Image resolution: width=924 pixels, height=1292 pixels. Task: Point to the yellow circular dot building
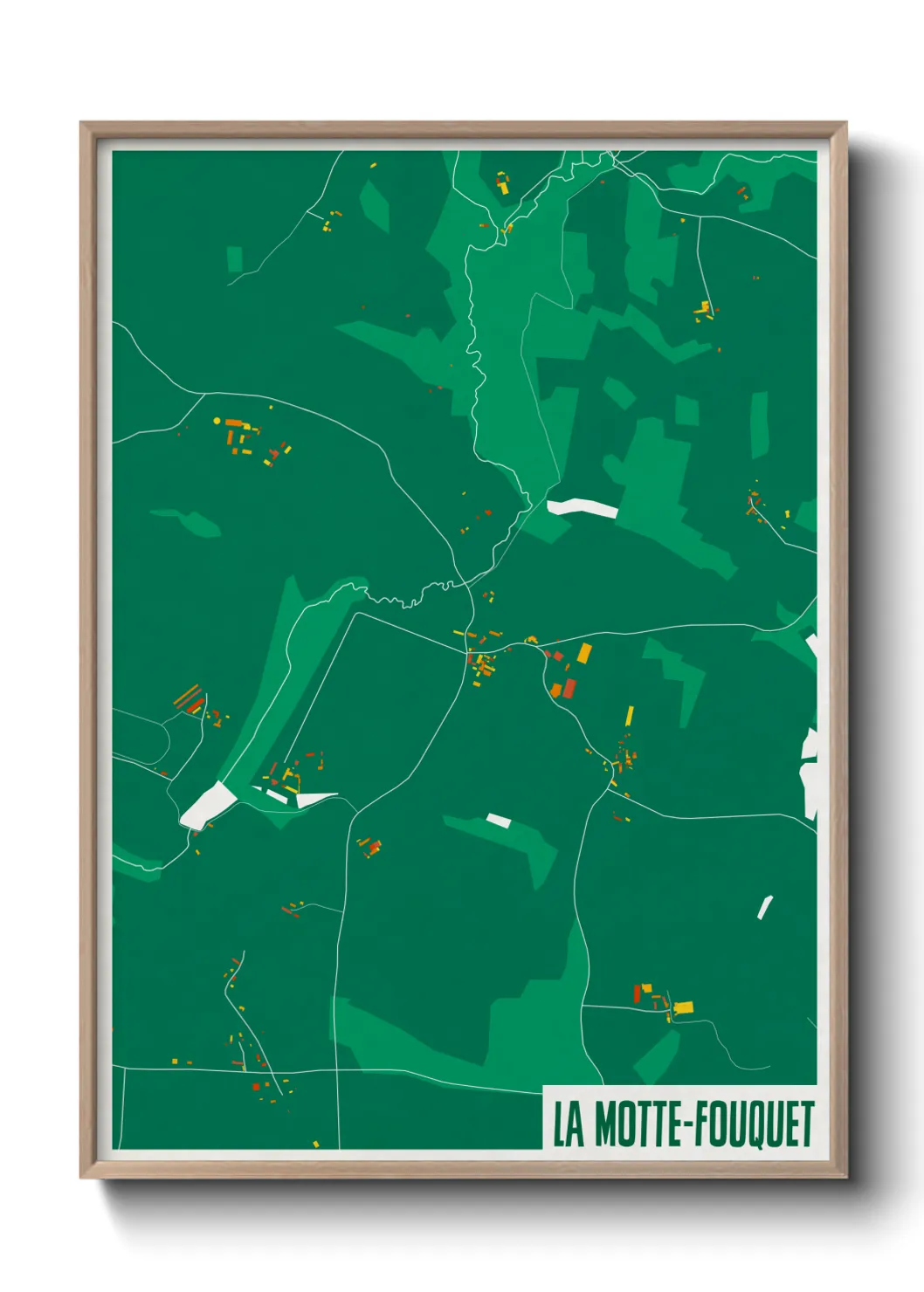(x=217, y=421)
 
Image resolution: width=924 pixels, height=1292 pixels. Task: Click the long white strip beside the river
(x=582, y=506)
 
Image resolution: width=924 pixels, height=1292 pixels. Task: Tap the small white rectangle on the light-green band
(x=498, y=820)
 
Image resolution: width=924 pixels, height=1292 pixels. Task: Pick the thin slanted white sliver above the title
(x=765, y=908)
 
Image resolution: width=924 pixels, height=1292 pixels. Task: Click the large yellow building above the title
(x=682, y=1007)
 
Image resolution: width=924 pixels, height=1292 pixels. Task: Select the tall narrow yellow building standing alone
(x=629, y=716)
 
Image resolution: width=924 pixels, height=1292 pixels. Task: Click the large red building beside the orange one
(x=569, y=689)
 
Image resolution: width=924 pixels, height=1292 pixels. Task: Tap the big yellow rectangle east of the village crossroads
(x=584, y=652)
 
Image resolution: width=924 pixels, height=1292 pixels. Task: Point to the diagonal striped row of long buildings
(x=188, y=697)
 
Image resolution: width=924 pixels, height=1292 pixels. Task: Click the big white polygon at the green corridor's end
(x=207, y=805)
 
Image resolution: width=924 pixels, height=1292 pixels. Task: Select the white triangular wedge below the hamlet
(x=314, y=798)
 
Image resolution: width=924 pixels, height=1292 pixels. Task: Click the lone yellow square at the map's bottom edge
(x=316, y=1144)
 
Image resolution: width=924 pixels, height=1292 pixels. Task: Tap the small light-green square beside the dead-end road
(x=234, y=259)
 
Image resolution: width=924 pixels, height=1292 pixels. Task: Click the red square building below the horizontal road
(x=256, y=1087)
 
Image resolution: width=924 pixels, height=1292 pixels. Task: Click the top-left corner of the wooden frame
(x=82, y=124)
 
